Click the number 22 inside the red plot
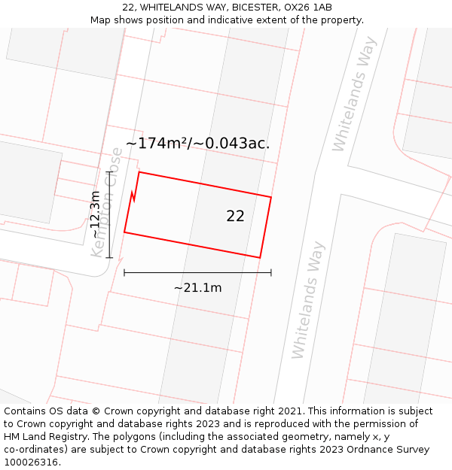click(x=235, y=216)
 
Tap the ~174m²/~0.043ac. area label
click(x=197, y=143)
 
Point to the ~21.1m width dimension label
click(x=197, y=287)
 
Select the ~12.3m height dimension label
click(x=95, y=214)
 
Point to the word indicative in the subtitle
click(x=239, y=20)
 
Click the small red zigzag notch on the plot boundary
click(x=134, y=197)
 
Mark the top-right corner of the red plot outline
click(x=270, y=197)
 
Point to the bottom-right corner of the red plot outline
click(x=260, y=258)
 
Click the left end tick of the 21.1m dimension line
click(x=124, y=272)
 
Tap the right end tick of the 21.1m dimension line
click(x=271, y=272)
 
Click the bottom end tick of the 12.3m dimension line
click(x=110, y=258)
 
